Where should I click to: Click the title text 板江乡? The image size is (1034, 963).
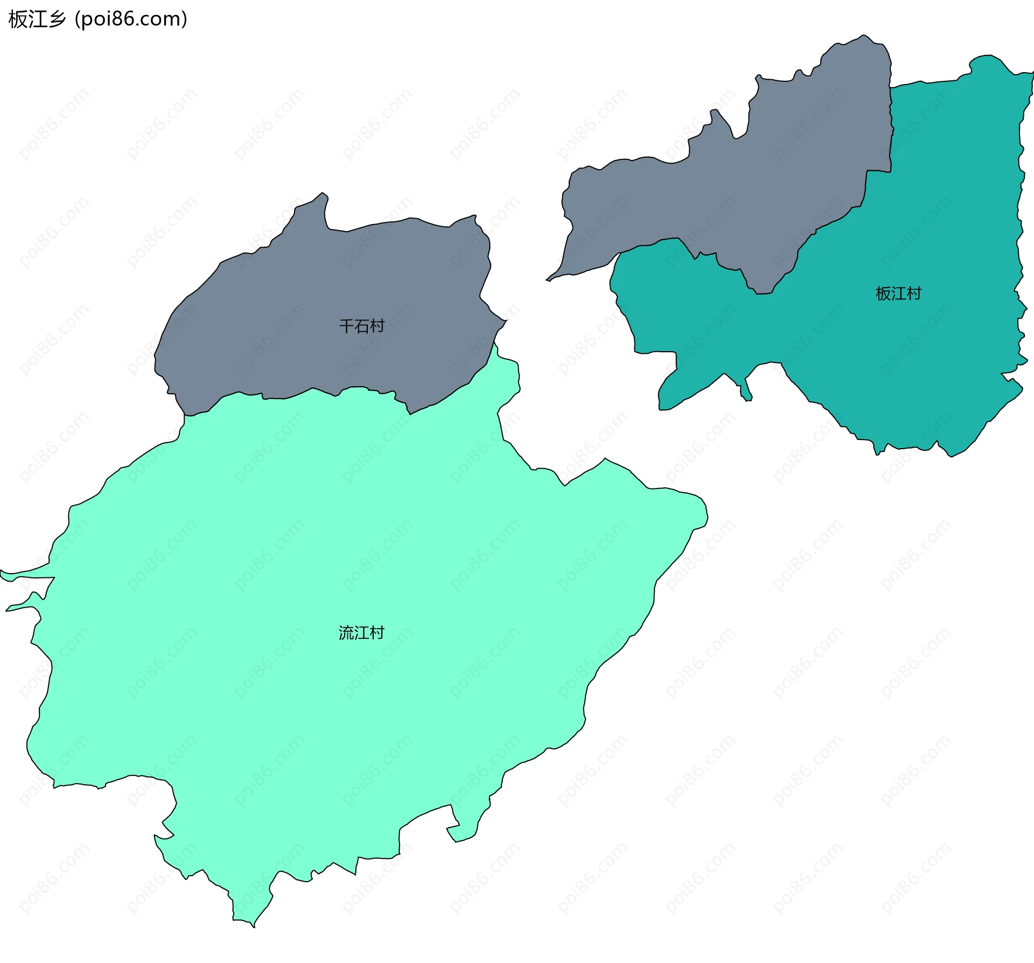point(37,19)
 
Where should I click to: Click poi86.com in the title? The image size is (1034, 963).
point(131,19)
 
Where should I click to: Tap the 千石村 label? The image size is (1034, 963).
point(361,326)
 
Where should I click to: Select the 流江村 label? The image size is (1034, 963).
point(361,633)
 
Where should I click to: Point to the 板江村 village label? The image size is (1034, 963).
point(898,294)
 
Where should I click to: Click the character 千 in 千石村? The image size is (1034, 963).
point(346,326)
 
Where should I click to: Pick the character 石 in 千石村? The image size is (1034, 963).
point(361,326)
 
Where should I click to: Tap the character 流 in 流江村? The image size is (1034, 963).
point(346,633)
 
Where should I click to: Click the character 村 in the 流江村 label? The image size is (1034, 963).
point(377,633)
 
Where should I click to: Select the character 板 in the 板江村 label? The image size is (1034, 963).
point(883,294)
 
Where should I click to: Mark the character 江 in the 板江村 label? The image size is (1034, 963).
point(898,294)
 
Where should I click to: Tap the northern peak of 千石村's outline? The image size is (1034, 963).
point(322,193)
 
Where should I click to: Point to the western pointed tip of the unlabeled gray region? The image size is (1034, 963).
point(548,280)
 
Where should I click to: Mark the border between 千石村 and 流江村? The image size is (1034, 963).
point(312,389)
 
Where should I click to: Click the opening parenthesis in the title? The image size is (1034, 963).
point(78,19)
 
